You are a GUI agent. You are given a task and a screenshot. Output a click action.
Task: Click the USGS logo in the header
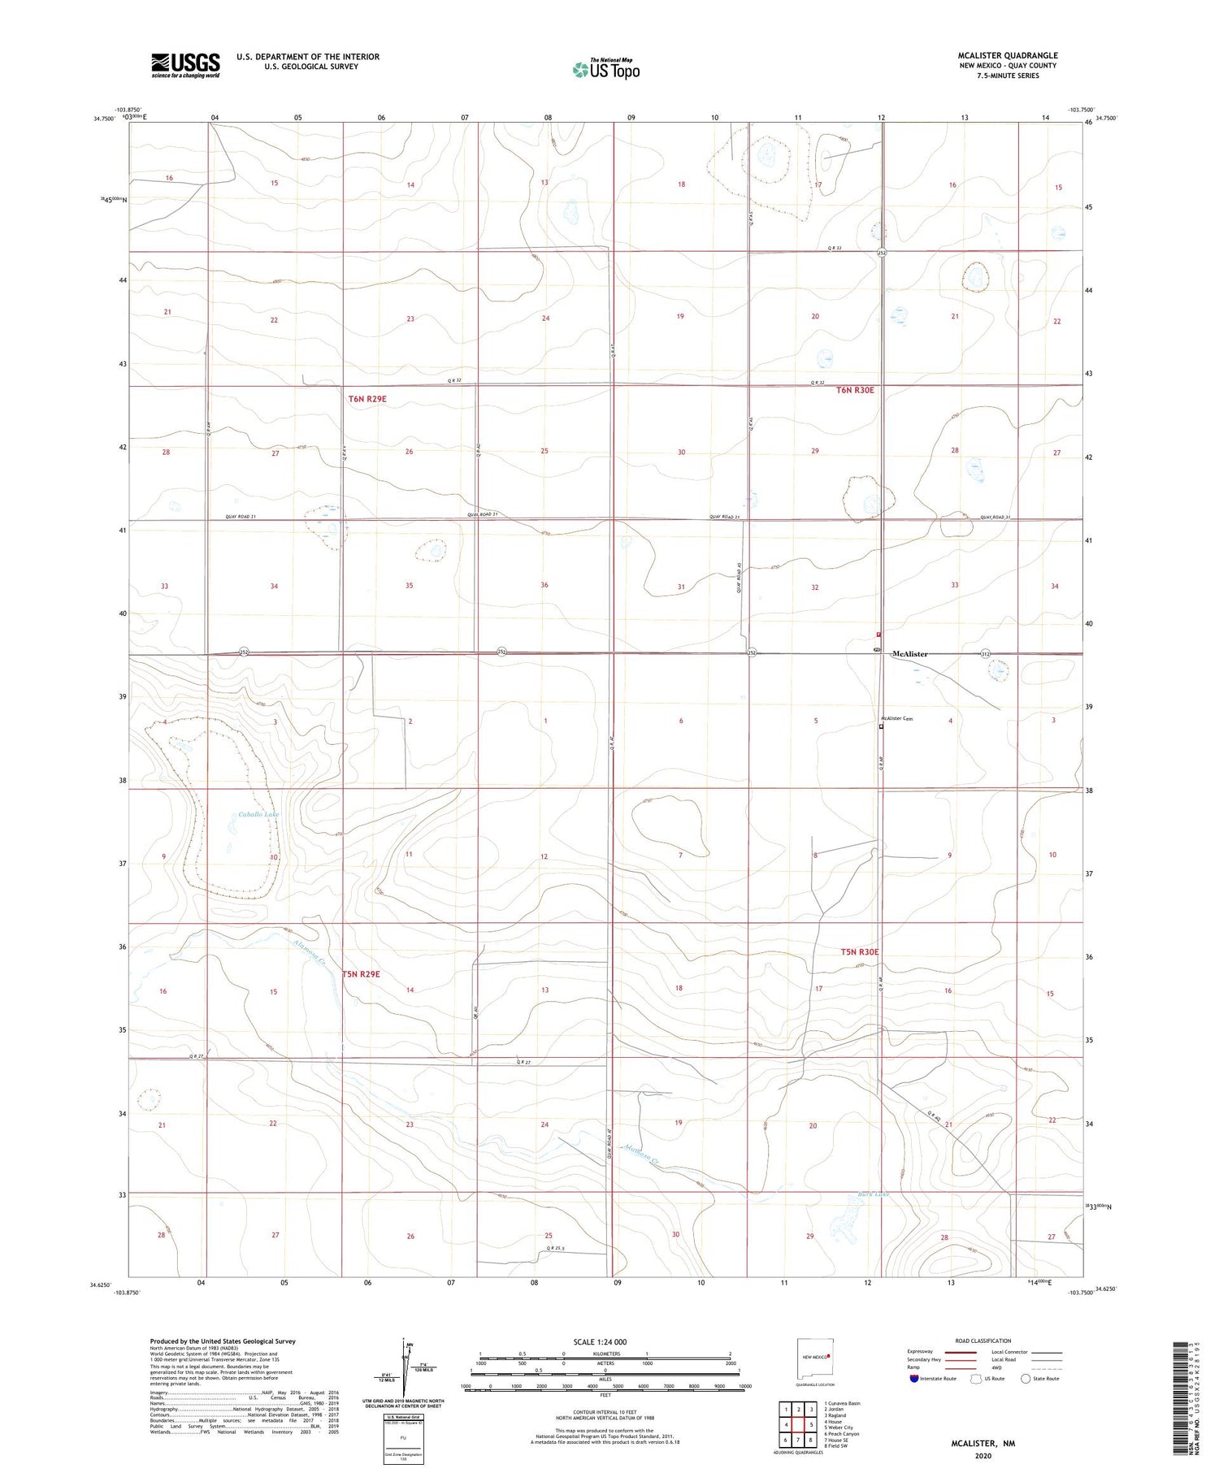(x=185, y=64)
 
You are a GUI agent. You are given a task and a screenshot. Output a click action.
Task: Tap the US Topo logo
(x=605, y=70)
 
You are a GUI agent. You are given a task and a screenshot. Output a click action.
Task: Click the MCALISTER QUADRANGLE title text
(x=1007, y=55)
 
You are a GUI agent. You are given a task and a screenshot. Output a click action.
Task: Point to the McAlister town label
(x=909, y=653)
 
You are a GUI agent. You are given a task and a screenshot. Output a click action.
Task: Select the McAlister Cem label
(x=897, y=718)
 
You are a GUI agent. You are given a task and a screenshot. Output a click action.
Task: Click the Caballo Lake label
(x=258, y=814)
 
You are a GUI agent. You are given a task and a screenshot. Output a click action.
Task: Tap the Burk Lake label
(x=874, y=1194)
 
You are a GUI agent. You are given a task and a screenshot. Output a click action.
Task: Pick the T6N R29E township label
(x=367, y=398)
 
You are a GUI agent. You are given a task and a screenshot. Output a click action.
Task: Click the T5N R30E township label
(x=860, y=951)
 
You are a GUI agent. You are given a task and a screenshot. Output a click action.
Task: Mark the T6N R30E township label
(x=855, y=390)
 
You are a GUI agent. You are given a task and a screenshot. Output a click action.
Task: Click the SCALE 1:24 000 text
(x=605, y=1341)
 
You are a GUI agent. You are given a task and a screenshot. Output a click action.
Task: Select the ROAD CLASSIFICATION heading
(x=983, y=1341)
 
